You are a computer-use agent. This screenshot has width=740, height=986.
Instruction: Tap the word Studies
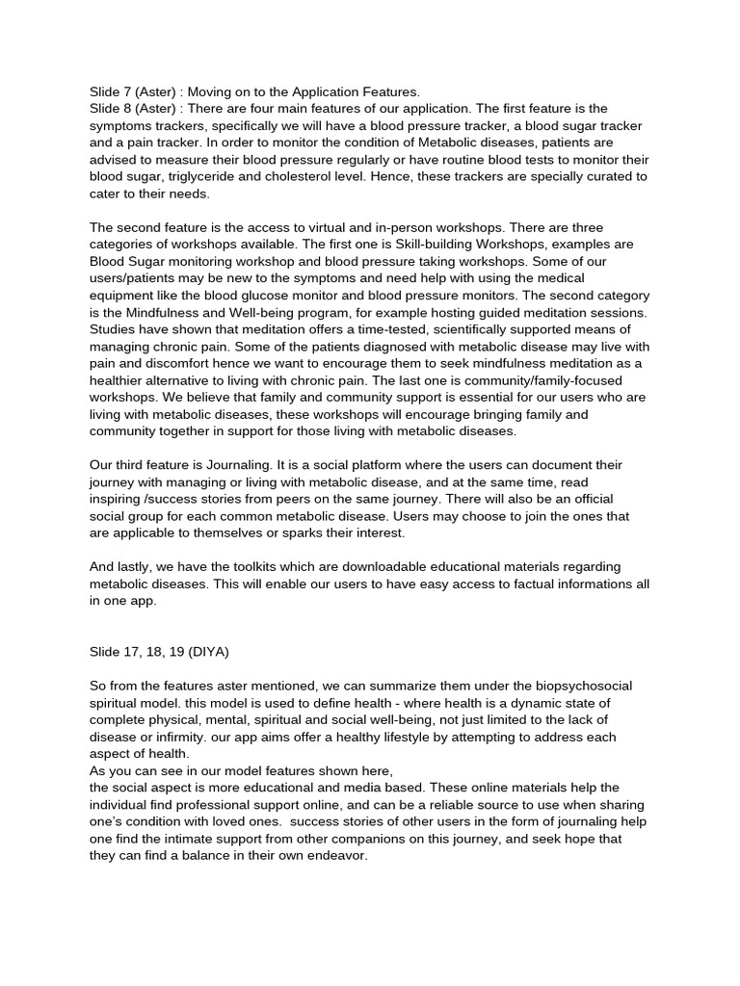[x=115, y=330]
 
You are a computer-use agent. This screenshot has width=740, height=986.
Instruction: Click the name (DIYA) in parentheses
[x=205, y=651]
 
